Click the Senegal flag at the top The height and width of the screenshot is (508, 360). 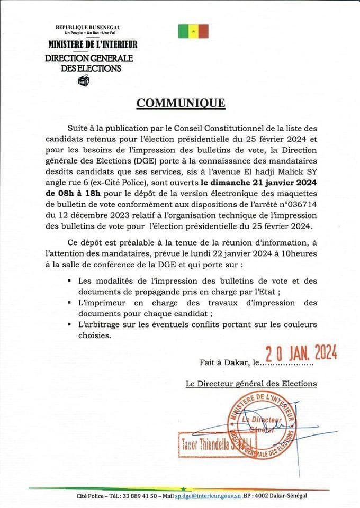click(193, 31)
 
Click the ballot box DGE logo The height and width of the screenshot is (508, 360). click(84, 80)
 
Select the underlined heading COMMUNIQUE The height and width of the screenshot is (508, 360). click(181, 103)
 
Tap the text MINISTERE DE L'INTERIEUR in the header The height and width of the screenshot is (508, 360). click(93, 45)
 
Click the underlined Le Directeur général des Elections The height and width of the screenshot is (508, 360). click(251, 384)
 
